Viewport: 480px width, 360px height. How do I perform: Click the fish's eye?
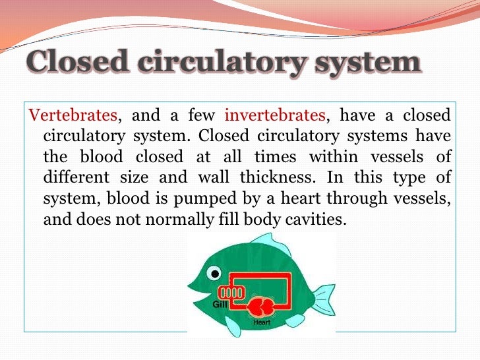(x=213, y=272)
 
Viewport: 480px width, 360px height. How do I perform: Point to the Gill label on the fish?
(x=220, y=304)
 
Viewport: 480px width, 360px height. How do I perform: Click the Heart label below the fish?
(x=262, y=322)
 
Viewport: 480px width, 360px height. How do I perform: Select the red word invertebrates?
(x=276, y=116)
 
